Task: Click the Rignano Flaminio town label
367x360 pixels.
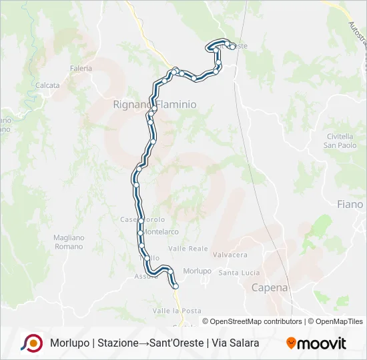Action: (155, 105)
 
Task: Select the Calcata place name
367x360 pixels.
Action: (47, 85)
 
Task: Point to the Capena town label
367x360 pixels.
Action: (270, 288)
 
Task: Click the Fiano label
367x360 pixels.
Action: (350, 205)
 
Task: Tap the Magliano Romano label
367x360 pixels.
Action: (68, 242)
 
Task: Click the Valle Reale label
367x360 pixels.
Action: (188, 248)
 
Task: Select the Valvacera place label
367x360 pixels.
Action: (230, 255)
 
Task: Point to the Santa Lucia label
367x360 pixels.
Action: (239, 272)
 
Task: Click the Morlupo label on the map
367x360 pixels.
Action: (197, 271)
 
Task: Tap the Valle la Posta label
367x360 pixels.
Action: (176, 311)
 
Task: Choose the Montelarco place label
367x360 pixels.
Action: (162, 232)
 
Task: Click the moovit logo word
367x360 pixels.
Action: (322, 343)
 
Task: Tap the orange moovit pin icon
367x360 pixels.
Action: (291, 343)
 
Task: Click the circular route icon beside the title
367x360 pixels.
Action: (31, 343)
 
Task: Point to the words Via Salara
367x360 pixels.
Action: (235, 343)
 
